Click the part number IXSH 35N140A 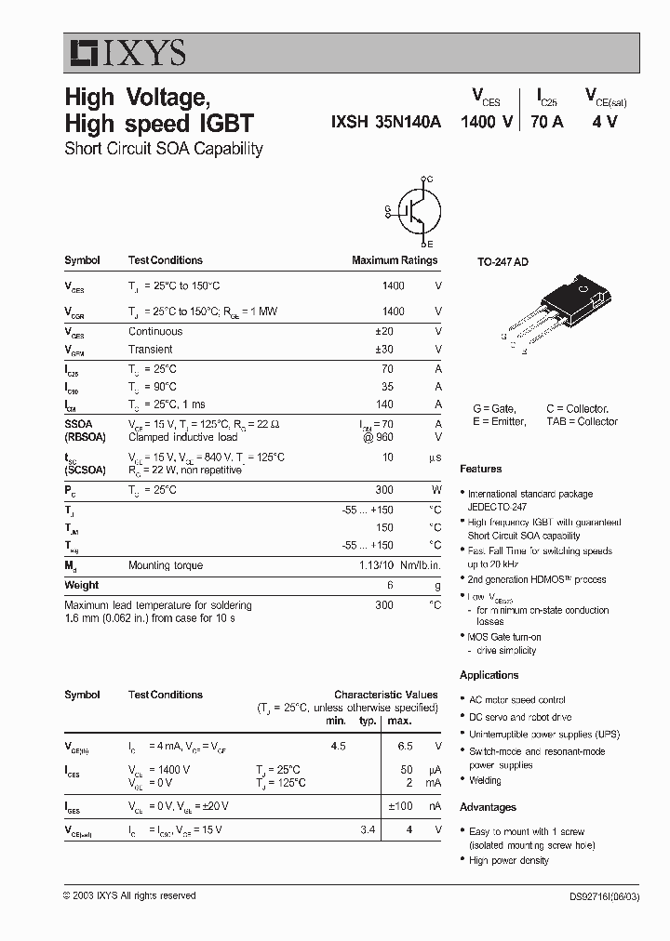point(385,122)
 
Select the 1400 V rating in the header point(487,122)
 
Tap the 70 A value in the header point(546,122)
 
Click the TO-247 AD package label point(502,263)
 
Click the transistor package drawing point(554,314)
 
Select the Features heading point(480,470)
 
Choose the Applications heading point(489,675)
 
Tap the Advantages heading point(488,807)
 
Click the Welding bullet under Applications point(485,781)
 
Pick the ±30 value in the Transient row point(394,350)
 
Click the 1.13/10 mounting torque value point(376,565)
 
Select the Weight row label point(81,585)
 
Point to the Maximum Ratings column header point(394,260)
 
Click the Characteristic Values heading point(385,695)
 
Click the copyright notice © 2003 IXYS point(129,895)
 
